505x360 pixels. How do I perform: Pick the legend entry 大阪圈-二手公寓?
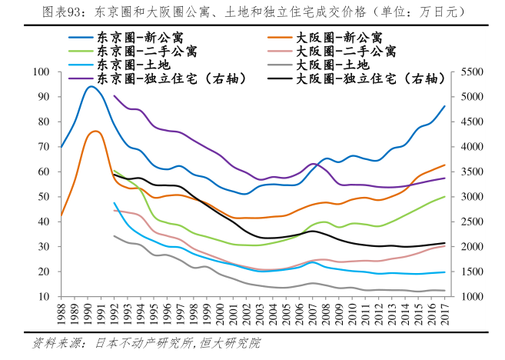[x=345, y=51]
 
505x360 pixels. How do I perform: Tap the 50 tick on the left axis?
[x=43, y=197]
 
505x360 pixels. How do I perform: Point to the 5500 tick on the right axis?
[x=471, y=72]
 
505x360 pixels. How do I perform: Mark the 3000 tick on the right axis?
[x=471, y=197]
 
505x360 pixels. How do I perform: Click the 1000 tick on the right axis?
[x=471, y=297]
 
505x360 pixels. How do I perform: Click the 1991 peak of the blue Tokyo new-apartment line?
[x=91, y=86]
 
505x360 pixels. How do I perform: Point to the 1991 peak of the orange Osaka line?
[x=95, y=131]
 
